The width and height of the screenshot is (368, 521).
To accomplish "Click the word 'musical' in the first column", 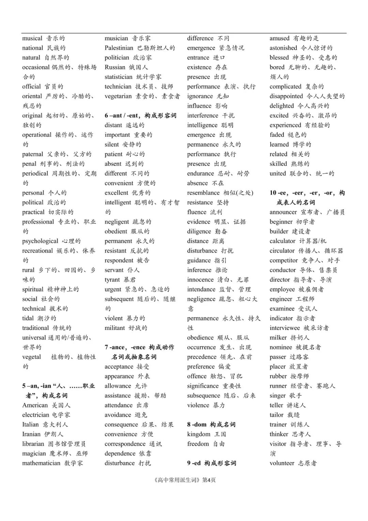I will click(32, 38).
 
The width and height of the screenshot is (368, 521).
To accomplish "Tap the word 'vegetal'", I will click(32, 357).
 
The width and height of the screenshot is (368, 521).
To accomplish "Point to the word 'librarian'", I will click(33, 444).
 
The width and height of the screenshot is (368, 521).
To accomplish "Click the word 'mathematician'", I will click(41, 463).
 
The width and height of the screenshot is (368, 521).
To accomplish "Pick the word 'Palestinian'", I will click(119, 48).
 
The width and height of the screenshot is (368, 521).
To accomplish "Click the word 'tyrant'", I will click(112, 280).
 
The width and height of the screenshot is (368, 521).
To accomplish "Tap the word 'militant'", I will click(114, 328).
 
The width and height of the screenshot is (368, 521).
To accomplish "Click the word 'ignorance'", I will click(200, 96).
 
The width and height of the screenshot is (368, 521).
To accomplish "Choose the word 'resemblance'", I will click(203, 193).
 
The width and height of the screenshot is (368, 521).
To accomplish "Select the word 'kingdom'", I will click(199, 434).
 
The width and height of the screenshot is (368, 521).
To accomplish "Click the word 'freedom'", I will click(198, 444).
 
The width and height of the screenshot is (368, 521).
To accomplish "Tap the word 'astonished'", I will click(283, 48).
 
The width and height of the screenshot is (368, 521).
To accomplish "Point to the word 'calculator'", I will click(282, 241).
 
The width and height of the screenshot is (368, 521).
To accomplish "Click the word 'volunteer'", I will click(282, 463).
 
